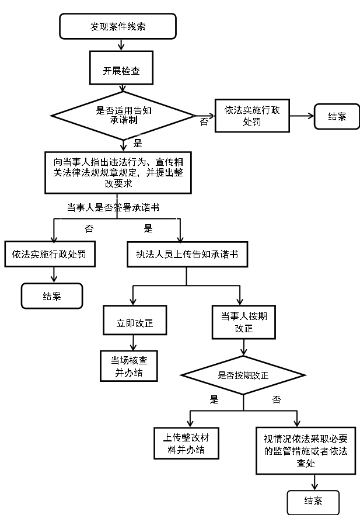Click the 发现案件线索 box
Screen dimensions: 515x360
(118, 26)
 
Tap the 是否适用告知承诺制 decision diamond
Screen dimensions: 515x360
(123, 114)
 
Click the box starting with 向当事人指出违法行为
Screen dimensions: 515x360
(118, 173)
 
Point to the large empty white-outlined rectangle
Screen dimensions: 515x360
(118, 208)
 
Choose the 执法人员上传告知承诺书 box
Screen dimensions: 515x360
(187, 255)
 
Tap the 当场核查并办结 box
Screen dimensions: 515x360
(129, 366)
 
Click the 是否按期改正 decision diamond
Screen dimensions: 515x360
(243, 375)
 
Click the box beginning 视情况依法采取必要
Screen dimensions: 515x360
(306, 451)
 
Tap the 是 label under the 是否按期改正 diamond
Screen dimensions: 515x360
(214, 399)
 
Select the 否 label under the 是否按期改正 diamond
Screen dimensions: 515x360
(276, 399)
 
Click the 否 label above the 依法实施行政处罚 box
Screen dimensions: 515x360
(89, 228)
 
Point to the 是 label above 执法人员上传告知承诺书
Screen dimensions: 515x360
(148, 228)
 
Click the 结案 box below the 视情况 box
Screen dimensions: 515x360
(313, 502)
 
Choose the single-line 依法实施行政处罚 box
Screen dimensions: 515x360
(50, 255)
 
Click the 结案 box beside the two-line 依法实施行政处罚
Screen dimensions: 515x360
(337, 116)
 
